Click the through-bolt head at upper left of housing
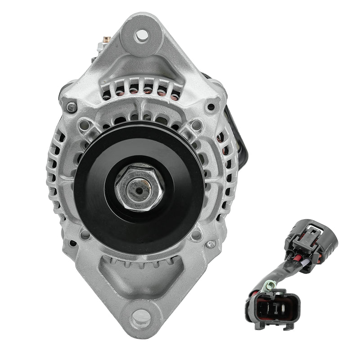coord(71,107)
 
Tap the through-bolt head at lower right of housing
coord(210,244)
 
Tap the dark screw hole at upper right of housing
coord(211,107)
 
